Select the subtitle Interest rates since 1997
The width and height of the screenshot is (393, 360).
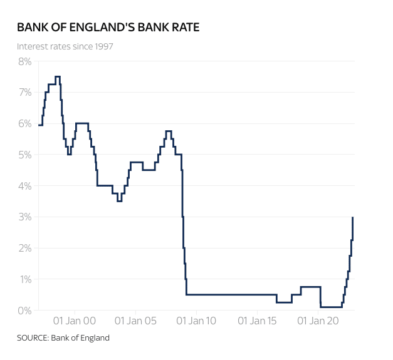coord(65,46)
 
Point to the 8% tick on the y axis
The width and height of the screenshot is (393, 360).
coord(24,61)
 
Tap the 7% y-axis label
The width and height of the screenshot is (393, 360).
coord(24,93)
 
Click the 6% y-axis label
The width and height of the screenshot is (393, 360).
coord(24,123)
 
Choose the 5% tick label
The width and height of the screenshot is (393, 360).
coord(24,155)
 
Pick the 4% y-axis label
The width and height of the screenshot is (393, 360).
coord(24,186)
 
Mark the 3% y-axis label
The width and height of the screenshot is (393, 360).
coord(24,217)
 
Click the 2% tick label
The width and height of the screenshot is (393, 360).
coord(24,248)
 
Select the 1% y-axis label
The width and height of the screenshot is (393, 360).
coord(24,279)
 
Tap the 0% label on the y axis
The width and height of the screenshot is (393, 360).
coord(24,311)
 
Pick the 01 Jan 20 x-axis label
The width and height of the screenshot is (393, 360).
coord(317,321)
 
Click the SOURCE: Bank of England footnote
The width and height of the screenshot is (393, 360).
coord(63,338)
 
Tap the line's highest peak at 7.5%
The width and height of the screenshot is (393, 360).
coord(58,77)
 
